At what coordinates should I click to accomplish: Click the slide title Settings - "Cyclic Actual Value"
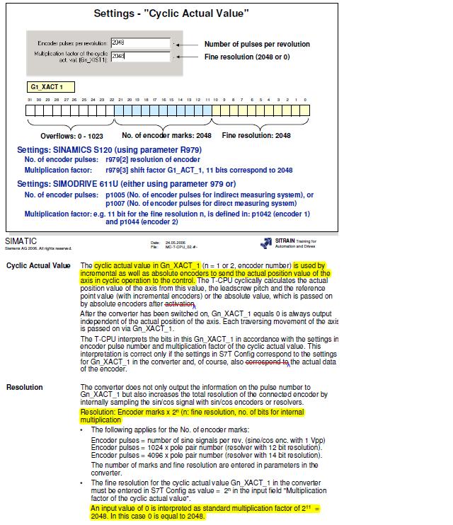pyautogui.click(x=171, y=13)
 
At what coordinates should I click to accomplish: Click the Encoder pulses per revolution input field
pyautogui.click(x=140, y=42)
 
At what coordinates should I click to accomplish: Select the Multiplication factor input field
pyautogui.click(x=140, y=56)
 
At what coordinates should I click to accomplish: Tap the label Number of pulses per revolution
pyautogui.click(x=257, y=44)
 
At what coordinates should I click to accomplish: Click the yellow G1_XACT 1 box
pyautogui.click(x=51, y=86)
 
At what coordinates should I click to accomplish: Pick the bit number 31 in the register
pyautogui.click(x=30, y=100)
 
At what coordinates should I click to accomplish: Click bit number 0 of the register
pyautogui.click(x=305, y=100)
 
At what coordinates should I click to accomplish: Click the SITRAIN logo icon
pyautogui.click(x=266, y=243)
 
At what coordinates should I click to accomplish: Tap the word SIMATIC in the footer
pyautogui.click(x=21, y=241)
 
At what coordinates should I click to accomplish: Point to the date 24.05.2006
pyautogui.click(x=175, y=242)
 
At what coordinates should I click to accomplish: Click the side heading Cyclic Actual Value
pyautogui.click(x=38, y=265)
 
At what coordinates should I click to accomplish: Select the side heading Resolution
pyautogui.click(x=24, y=387)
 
